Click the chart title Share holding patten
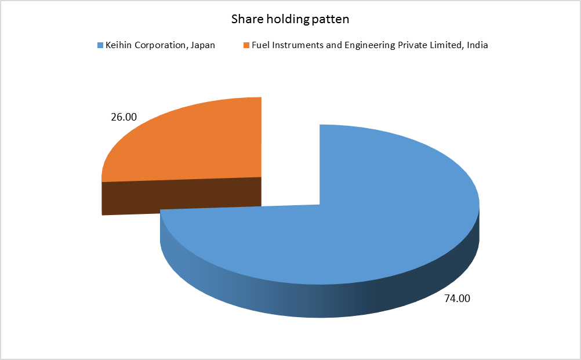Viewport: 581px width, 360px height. click(290, 19)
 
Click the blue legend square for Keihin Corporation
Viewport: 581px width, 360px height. click(100, 45)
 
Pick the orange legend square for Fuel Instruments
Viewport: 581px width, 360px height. click(246, 45)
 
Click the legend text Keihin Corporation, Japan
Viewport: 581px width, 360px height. click(160, 45)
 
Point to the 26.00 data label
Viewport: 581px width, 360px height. click(124, 117)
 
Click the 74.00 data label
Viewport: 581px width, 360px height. click(457, 299)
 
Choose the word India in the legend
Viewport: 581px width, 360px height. click(477, 45)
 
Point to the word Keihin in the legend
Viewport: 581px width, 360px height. click(118, 45)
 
